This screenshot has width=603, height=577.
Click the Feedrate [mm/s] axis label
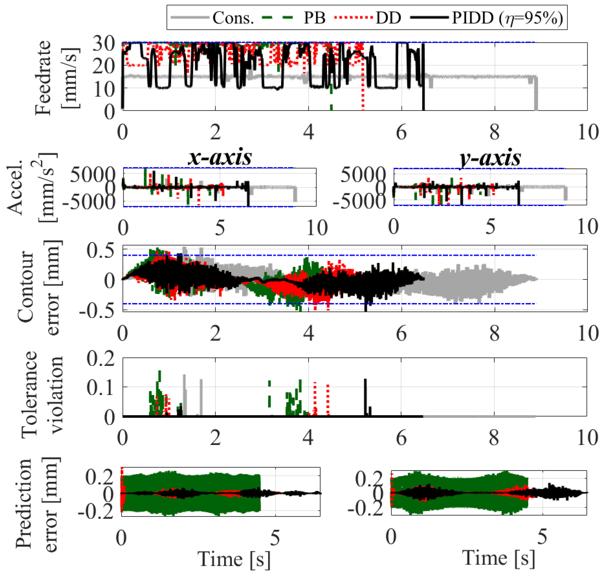57,77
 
